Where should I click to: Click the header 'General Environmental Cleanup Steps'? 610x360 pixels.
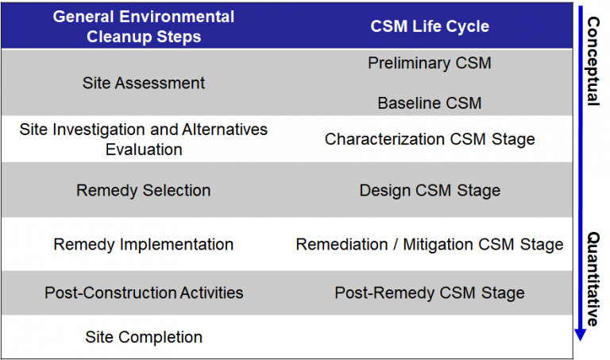coord(144,26)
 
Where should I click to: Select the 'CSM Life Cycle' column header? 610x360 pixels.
coord(430,26)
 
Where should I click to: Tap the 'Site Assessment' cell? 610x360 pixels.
coord(144,83)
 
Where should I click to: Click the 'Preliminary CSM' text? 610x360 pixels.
coord(430,63)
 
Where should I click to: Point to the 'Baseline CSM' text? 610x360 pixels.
coord(430,103)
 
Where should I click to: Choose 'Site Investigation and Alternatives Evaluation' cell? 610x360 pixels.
coord(144,139)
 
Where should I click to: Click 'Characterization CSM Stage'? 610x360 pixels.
coord(430,139)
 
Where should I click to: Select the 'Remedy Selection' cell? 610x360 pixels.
coord(144,190)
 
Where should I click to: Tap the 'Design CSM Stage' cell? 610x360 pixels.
coord(430,190)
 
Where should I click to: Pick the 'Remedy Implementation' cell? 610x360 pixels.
coord(144,244)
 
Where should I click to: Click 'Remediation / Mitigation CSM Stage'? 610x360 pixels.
coord(430,244)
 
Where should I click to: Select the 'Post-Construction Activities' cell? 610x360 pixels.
coord(144,292)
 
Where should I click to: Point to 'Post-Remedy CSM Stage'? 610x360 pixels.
coord(430,292)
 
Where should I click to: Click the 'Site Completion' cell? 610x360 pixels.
coord(144,337)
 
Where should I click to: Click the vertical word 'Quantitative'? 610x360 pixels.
coord(593,279)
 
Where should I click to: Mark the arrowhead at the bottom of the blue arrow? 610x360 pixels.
coord(580,335)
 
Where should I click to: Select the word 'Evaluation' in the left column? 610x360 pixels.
coord(144,149)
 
